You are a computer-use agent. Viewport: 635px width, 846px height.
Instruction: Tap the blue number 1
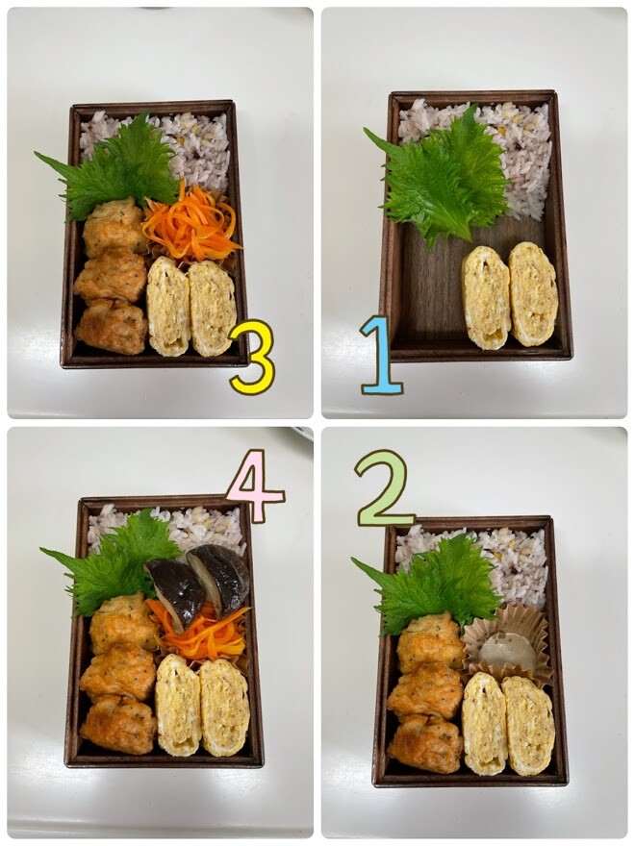tap(382, 356)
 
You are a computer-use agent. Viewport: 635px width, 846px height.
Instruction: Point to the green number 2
tap(384, 488)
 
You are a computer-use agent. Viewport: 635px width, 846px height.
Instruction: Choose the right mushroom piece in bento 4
tap(219, 579)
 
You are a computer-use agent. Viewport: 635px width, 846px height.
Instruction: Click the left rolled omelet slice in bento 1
tap(486, 297)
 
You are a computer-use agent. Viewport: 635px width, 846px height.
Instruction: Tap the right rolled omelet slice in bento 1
tap(533, 293)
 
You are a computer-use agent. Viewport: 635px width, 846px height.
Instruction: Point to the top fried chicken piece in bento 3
tap(114, 227)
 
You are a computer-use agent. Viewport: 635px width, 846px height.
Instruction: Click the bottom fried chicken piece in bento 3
tap(112, 327)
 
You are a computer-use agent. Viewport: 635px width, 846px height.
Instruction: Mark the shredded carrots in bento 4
tap(200, 632)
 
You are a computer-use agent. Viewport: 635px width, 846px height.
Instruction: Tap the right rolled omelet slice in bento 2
tap(528, 725)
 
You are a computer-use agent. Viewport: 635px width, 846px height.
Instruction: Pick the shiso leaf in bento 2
tap(432, 585)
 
